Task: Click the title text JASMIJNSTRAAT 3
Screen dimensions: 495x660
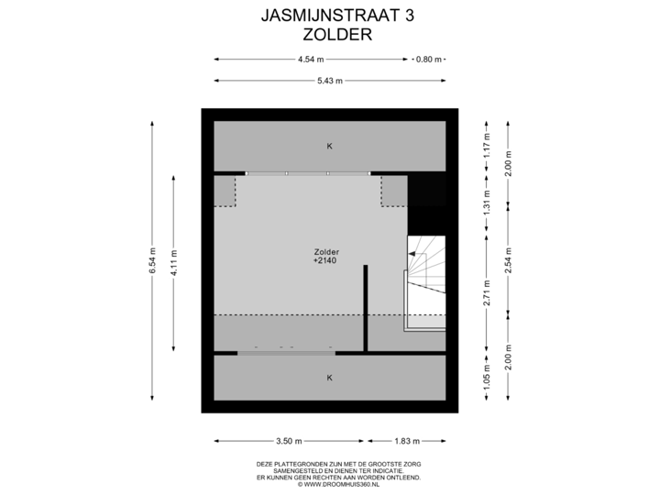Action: (x=329, y=16)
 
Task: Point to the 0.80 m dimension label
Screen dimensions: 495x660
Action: (x=429, y=60)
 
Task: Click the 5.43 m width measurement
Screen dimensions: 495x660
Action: (x=329, y=81)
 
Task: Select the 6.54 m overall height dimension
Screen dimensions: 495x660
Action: (x=152, y=260)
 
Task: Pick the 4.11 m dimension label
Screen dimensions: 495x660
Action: (x=173, y=260)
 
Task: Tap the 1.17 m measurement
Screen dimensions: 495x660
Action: (x=488, y=146)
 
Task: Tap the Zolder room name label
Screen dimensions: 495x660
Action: (x=326, y=251)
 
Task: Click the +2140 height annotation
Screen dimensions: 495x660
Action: (x=326, y=261)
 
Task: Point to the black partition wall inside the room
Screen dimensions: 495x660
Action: (x=365, y=307)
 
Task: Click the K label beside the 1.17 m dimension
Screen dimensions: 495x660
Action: (x=329, y=147)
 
